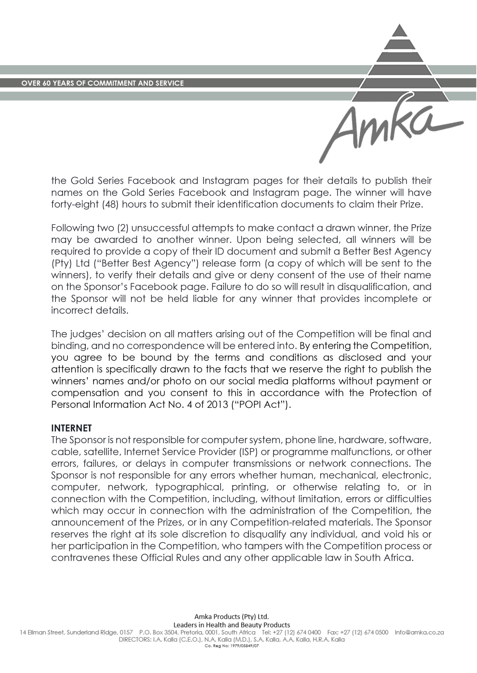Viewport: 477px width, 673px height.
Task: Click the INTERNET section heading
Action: click(x=71, y=428)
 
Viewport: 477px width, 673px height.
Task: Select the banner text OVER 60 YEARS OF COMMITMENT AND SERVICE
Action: click(x=103, y=83)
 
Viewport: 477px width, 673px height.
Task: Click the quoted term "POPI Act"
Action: click(x=259, y=405)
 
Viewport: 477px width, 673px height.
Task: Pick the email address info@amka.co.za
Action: click(x=419, y=632)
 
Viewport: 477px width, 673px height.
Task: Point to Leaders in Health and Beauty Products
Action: click(x=231, y=625)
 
